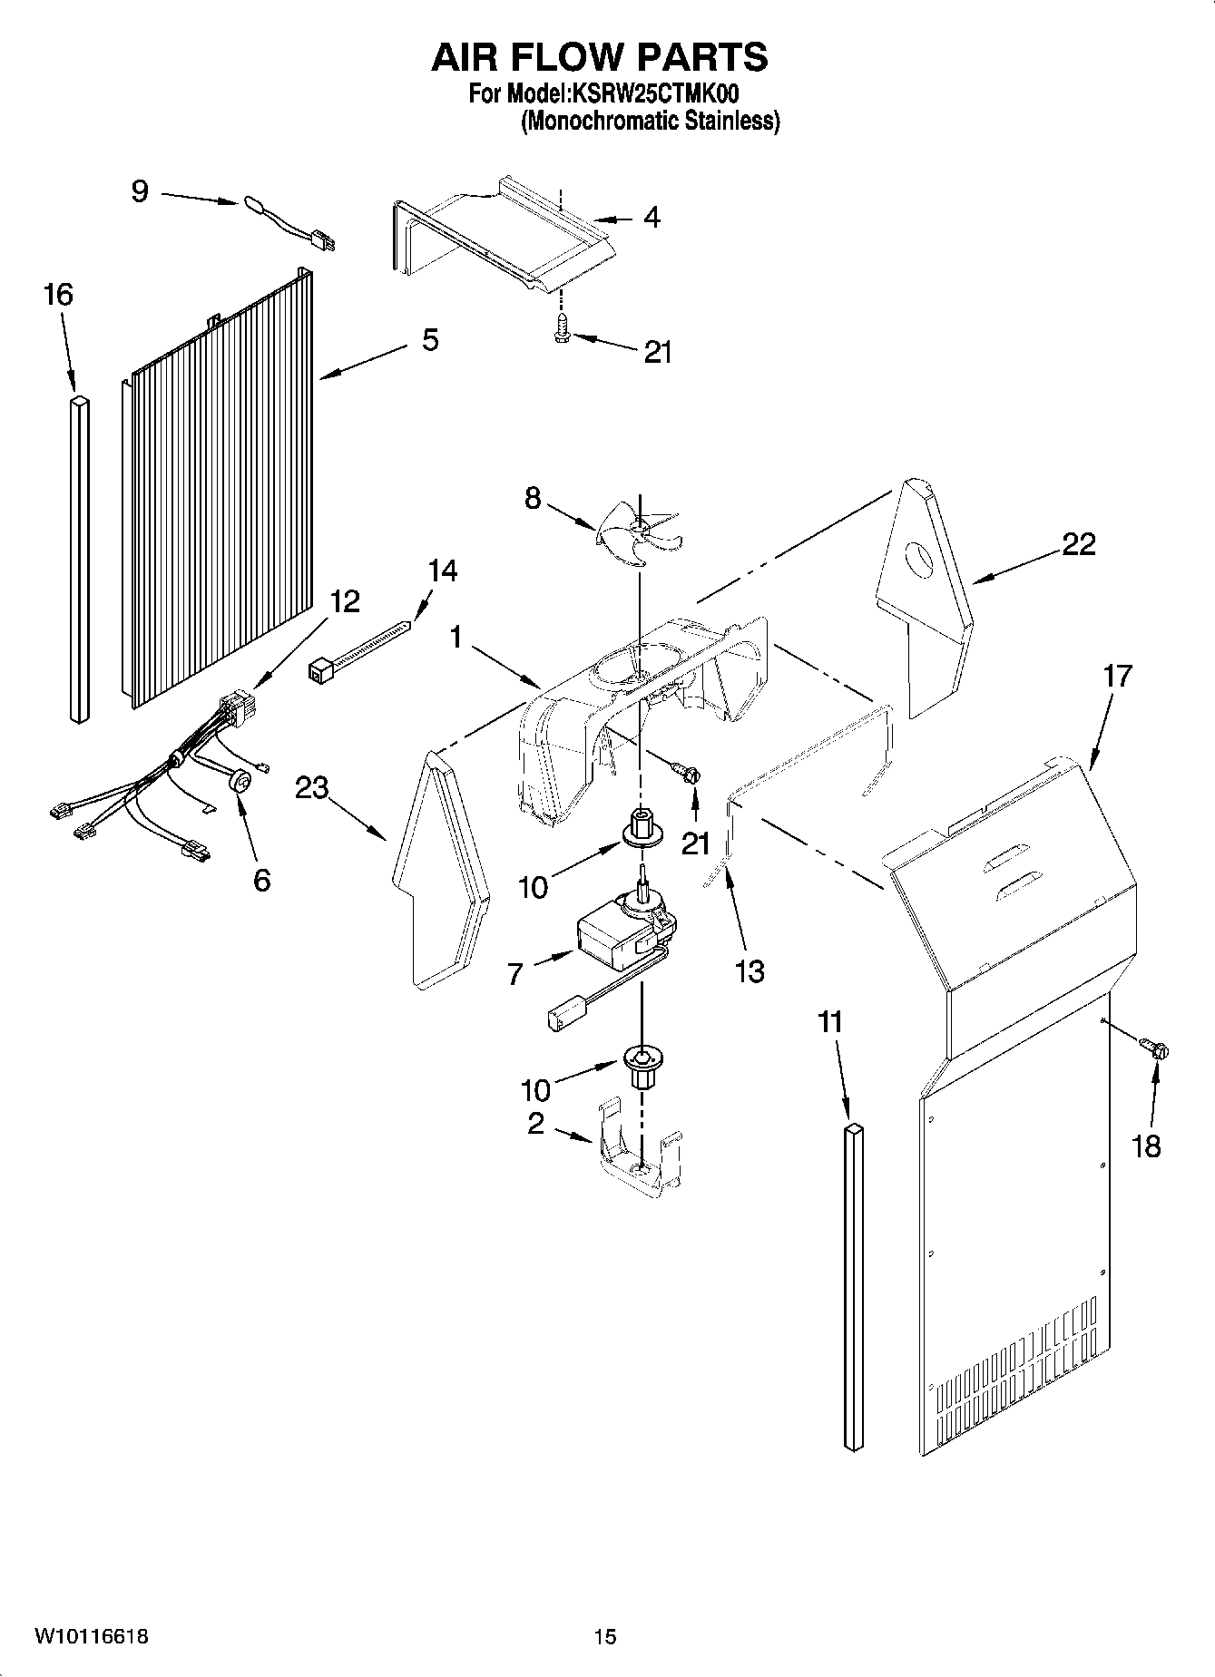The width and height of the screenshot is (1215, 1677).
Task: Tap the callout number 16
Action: [57, 295]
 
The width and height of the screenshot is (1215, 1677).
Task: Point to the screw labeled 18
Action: [1157, 1050]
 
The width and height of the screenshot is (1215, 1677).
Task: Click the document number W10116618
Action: [91, 1636]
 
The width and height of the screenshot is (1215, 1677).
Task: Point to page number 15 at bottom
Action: [605, 1636]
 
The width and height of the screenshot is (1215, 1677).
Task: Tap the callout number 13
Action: [750, 970]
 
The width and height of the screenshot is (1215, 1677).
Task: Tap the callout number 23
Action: [311, 788]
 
